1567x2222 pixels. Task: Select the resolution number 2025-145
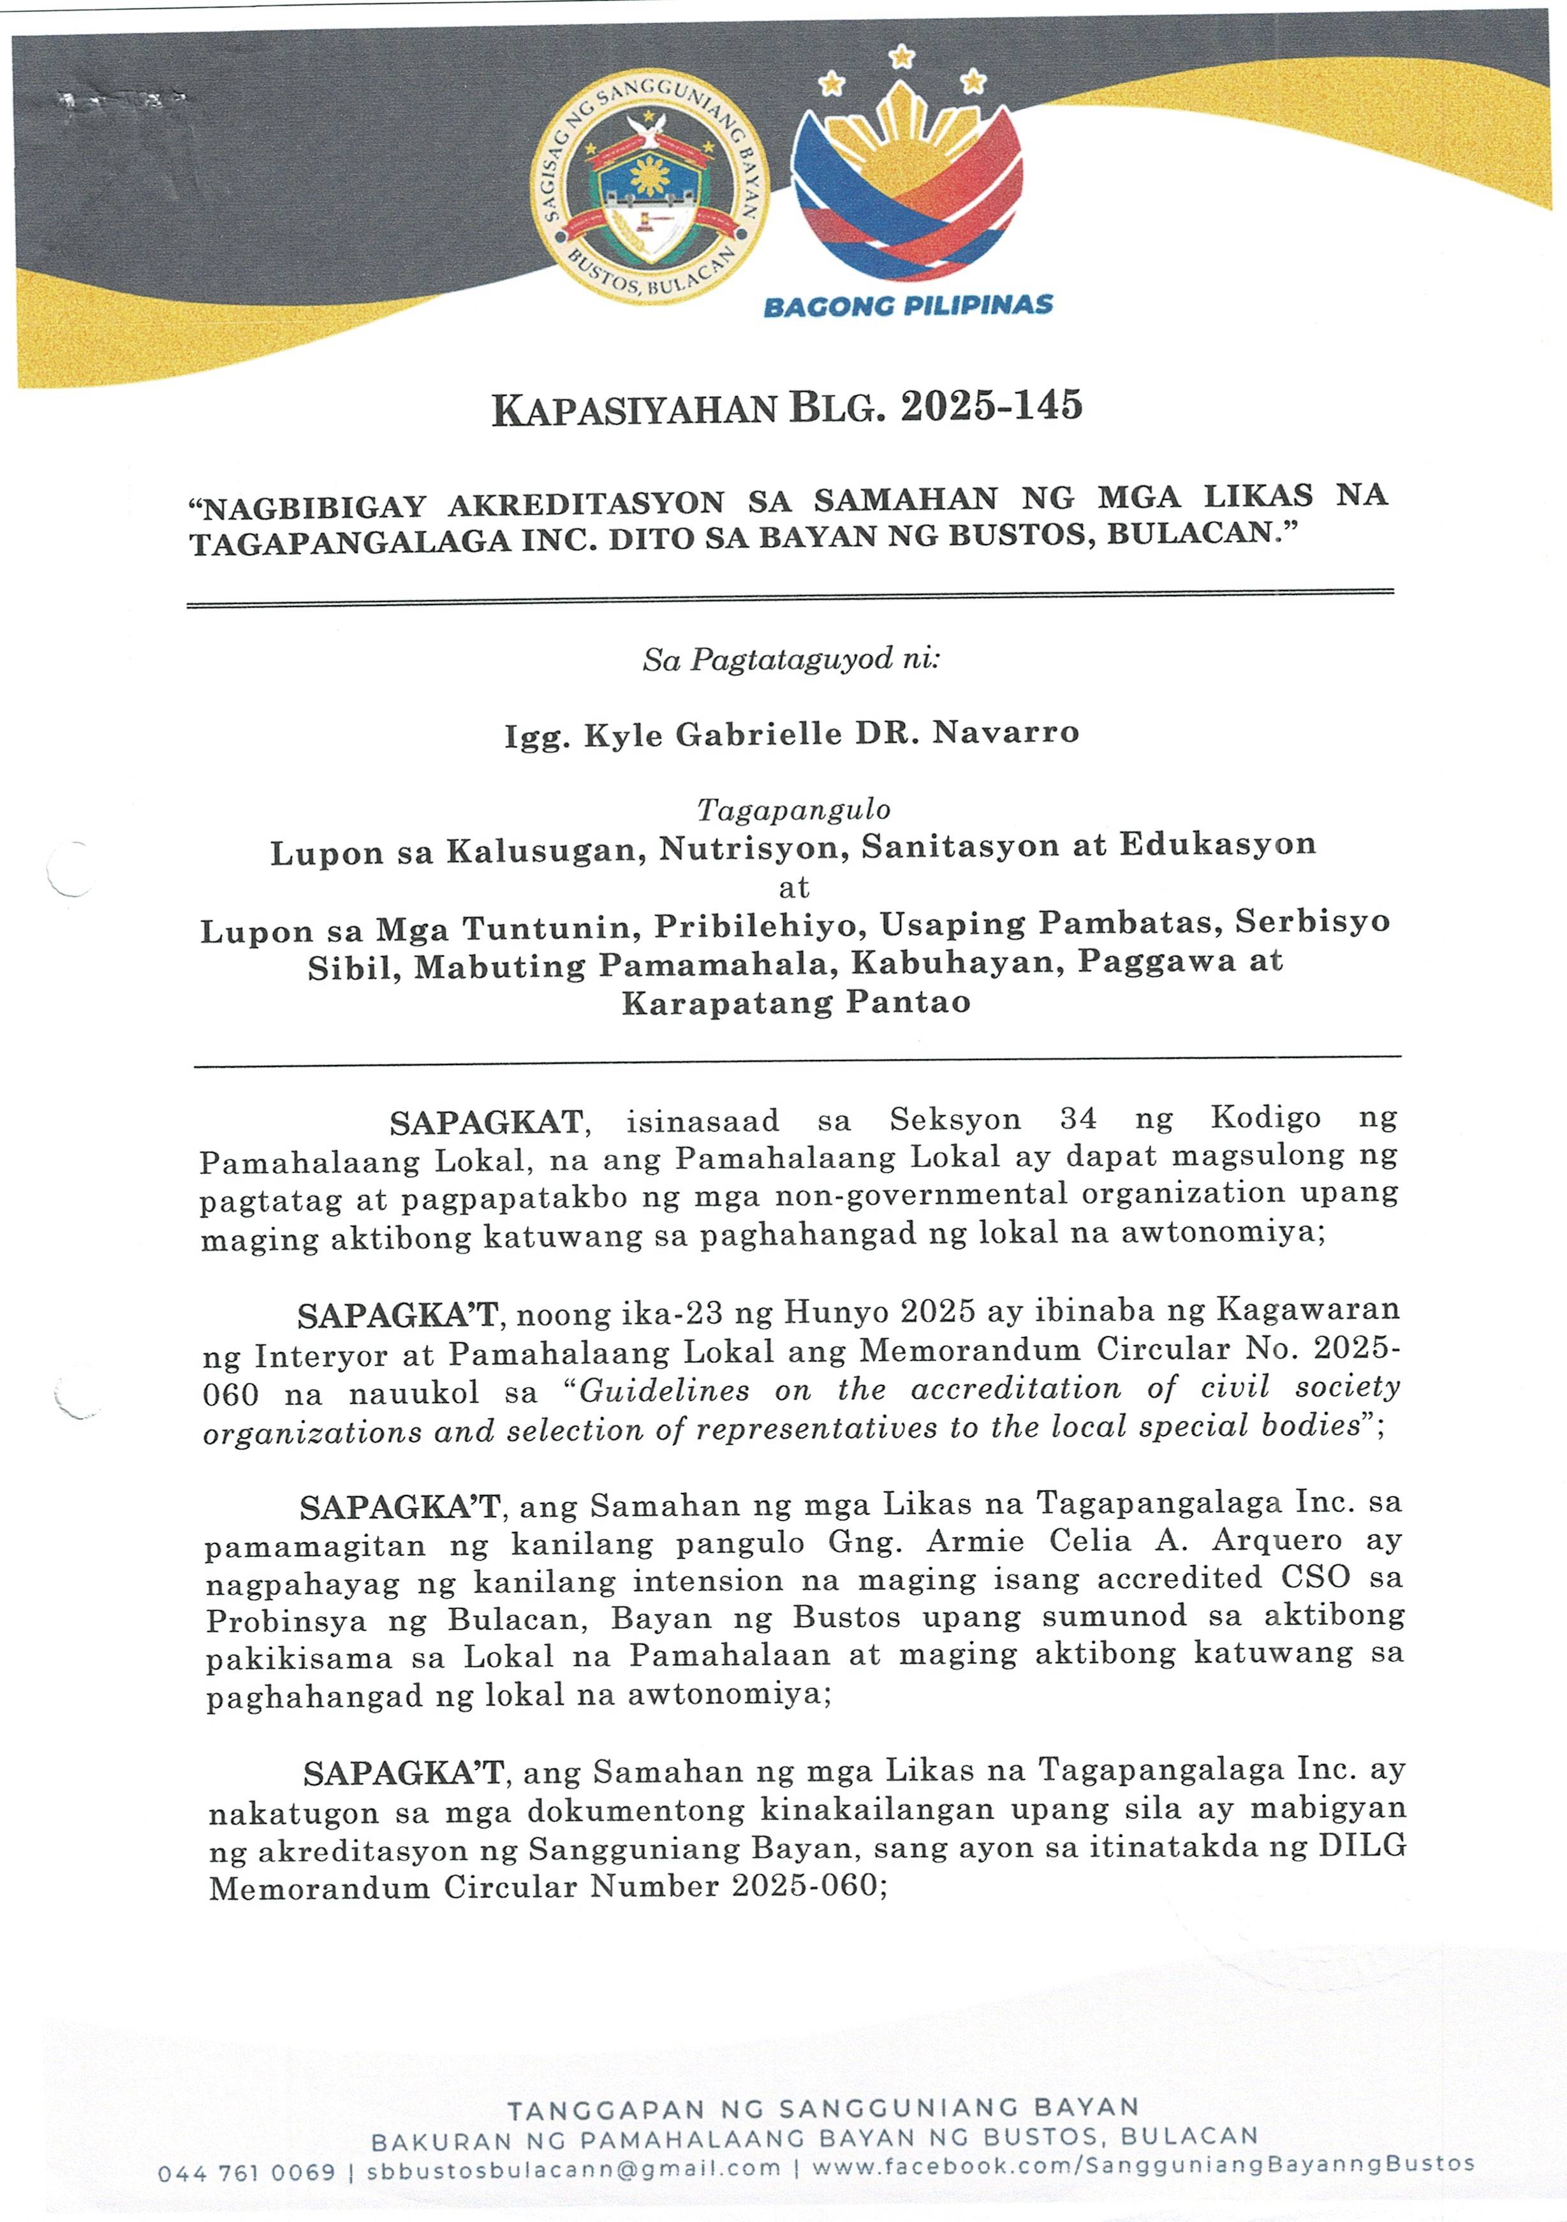991,406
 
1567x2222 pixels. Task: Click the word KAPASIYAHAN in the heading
634,409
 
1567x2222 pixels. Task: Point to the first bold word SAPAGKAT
486,1122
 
